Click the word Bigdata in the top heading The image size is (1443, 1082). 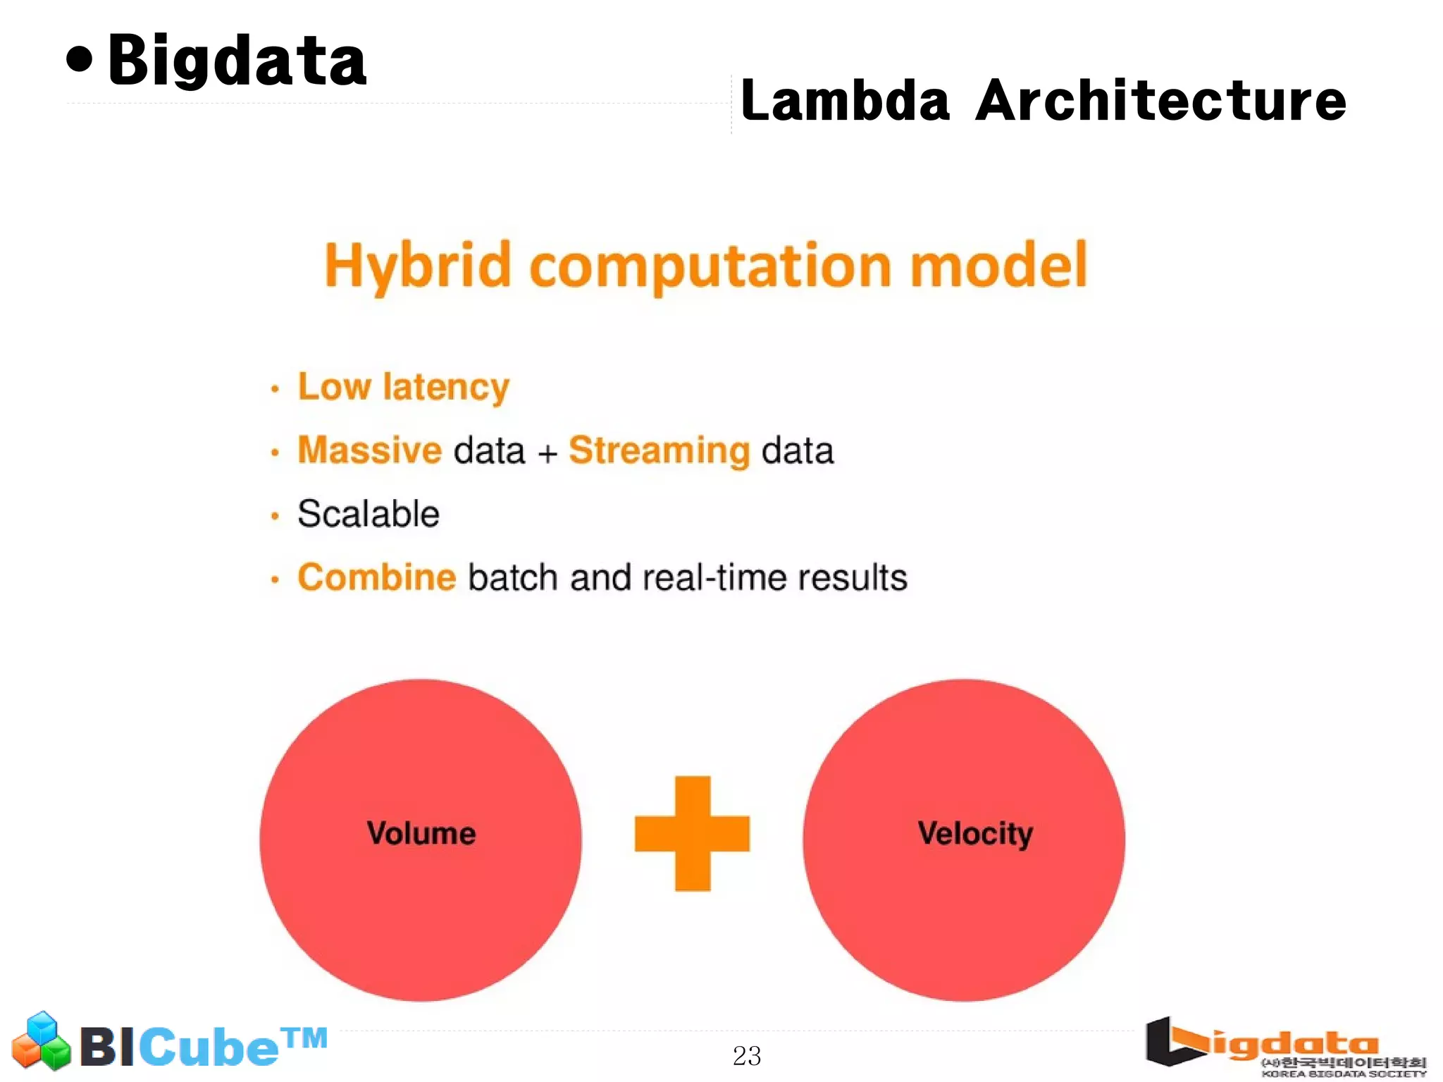coord(237,62)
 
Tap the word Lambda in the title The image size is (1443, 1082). coord(845,101)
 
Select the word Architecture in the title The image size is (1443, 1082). coord(1160,101)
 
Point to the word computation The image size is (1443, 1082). coord(710,267)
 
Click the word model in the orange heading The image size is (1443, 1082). coord(998,266)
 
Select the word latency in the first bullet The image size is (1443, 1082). coord(445,387)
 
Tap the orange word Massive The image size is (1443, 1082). coord(369,450)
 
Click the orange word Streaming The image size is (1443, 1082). coord(659,451)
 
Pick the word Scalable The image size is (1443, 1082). coord(369,513)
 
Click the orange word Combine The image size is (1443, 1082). coord(377,577)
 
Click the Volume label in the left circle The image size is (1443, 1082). coord(421,833)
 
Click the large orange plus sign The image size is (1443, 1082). coord(692,833)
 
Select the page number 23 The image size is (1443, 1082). coord(747,1055)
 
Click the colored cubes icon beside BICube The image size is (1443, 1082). coord(41,1040)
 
